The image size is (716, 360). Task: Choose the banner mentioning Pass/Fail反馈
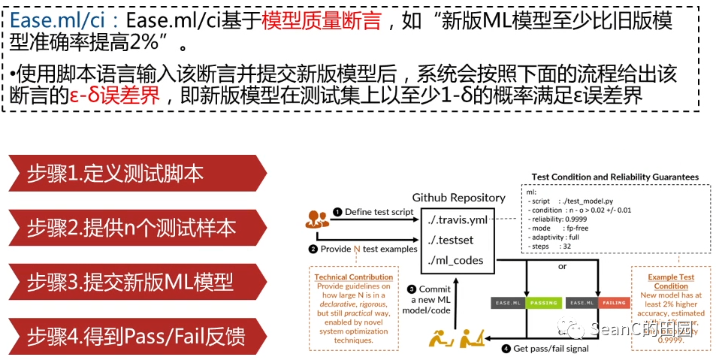(135, 335)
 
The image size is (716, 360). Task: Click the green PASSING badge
(543, 303)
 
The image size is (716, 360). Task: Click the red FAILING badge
(615, 303)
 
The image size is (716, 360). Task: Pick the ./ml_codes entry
(455, 260)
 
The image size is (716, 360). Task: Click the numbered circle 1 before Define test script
(338, 212)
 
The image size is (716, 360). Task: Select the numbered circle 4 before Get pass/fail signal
(506, 348)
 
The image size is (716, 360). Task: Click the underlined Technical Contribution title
(354, 277)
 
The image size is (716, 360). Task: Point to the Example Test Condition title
(671, 282)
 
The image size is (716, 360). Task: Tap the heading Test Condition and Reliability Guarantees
(615, 177)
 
